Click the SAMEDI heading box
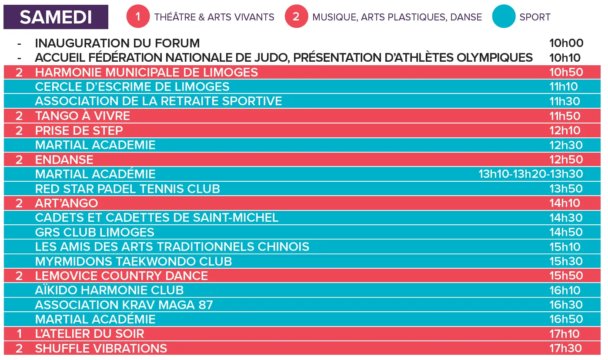pyautogui.click(x=56, y=17)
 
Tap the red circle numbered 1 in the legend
pyautogui.click(x=138, y=17)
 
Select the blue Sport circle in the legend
pyautogui.click(x=504, y=17)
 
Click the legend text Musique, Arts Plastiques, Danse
pyautogui.click(x=397, y=17)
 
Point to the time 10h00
pyautogui.click(x=566, y=43)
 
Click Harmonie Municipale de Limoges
pyautogui.click(x=146, y=72)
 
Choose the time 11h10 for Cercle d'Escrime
pyautogui.click(x=564, y=87)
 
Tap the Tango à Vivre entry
pyautogui.click(x=82, y=116)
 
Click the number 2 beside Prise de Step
pyautogui.click(x=19, y=130)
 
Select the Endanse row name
pyautogui.click(x=64, y=160)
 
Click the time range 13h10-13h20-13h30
pyautogui.click(x=530, y=174)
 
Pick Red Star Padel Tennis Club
pyautogui.click(x=127, y=189)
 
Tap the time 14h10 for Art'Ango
pyautogui.click(x=565, y=203)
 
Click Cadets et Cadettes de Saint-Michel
pyautogui.click(x=157, y=217)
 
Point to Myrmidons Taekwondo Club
pyautogui.click(x=133, y=261)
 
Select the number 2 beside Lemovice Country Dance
pyautogui.click(x=19, y=276)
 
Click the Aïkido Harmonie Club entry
pyautogui.click(x=109, y=290)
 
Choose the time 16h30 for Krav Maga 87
pyautogui.click(x=565, y=305)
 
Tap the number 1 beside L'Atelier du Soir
pyautogui.click(x=19, y=334)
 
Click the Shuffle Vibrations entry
pyautogui.click(x=101, y=348)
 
